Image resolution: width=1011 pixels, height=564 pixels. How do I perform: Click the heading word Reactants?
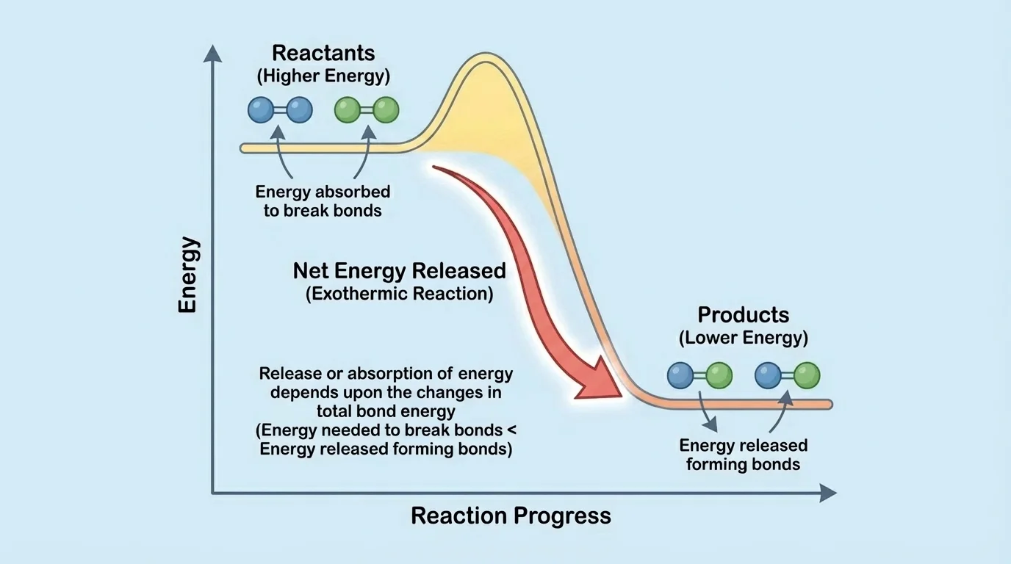323,53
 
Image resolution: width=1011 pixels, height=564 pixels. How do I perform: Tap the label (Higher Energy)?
323,76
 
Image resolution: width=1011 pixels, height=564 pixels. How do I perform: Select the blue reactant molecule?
280,110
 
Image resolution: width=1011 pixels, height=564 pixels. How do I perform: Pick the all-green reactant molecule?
367,110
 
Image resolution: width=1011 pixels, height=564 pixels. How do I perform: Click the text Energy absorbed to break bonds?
323,201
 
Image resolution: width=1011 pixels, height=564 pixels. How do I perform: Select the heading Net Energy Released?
399,271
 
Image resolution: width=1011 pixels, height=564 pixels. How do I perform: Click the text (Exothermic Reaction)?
399,294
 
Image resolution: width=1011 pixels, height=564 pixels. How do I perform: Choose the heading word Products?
743,315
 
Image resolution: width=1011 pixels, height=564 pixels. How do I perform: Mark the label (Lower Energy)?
743,338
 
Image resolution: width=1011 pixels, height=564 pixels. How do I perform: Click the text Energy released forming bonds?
743,455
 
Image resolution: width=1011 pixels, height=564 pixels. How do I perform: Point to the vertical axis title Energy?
188,275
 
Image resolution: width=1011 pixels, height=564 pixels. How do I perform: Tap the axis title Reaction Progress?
511,516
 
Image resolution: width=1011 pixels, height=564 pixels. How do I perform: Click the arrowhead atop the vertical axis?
212,52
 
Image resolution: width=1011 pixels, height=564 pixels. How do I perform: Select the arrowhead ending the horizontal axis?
828,493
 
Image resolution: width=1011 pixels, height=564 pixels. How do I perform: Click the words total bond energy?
386,411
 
